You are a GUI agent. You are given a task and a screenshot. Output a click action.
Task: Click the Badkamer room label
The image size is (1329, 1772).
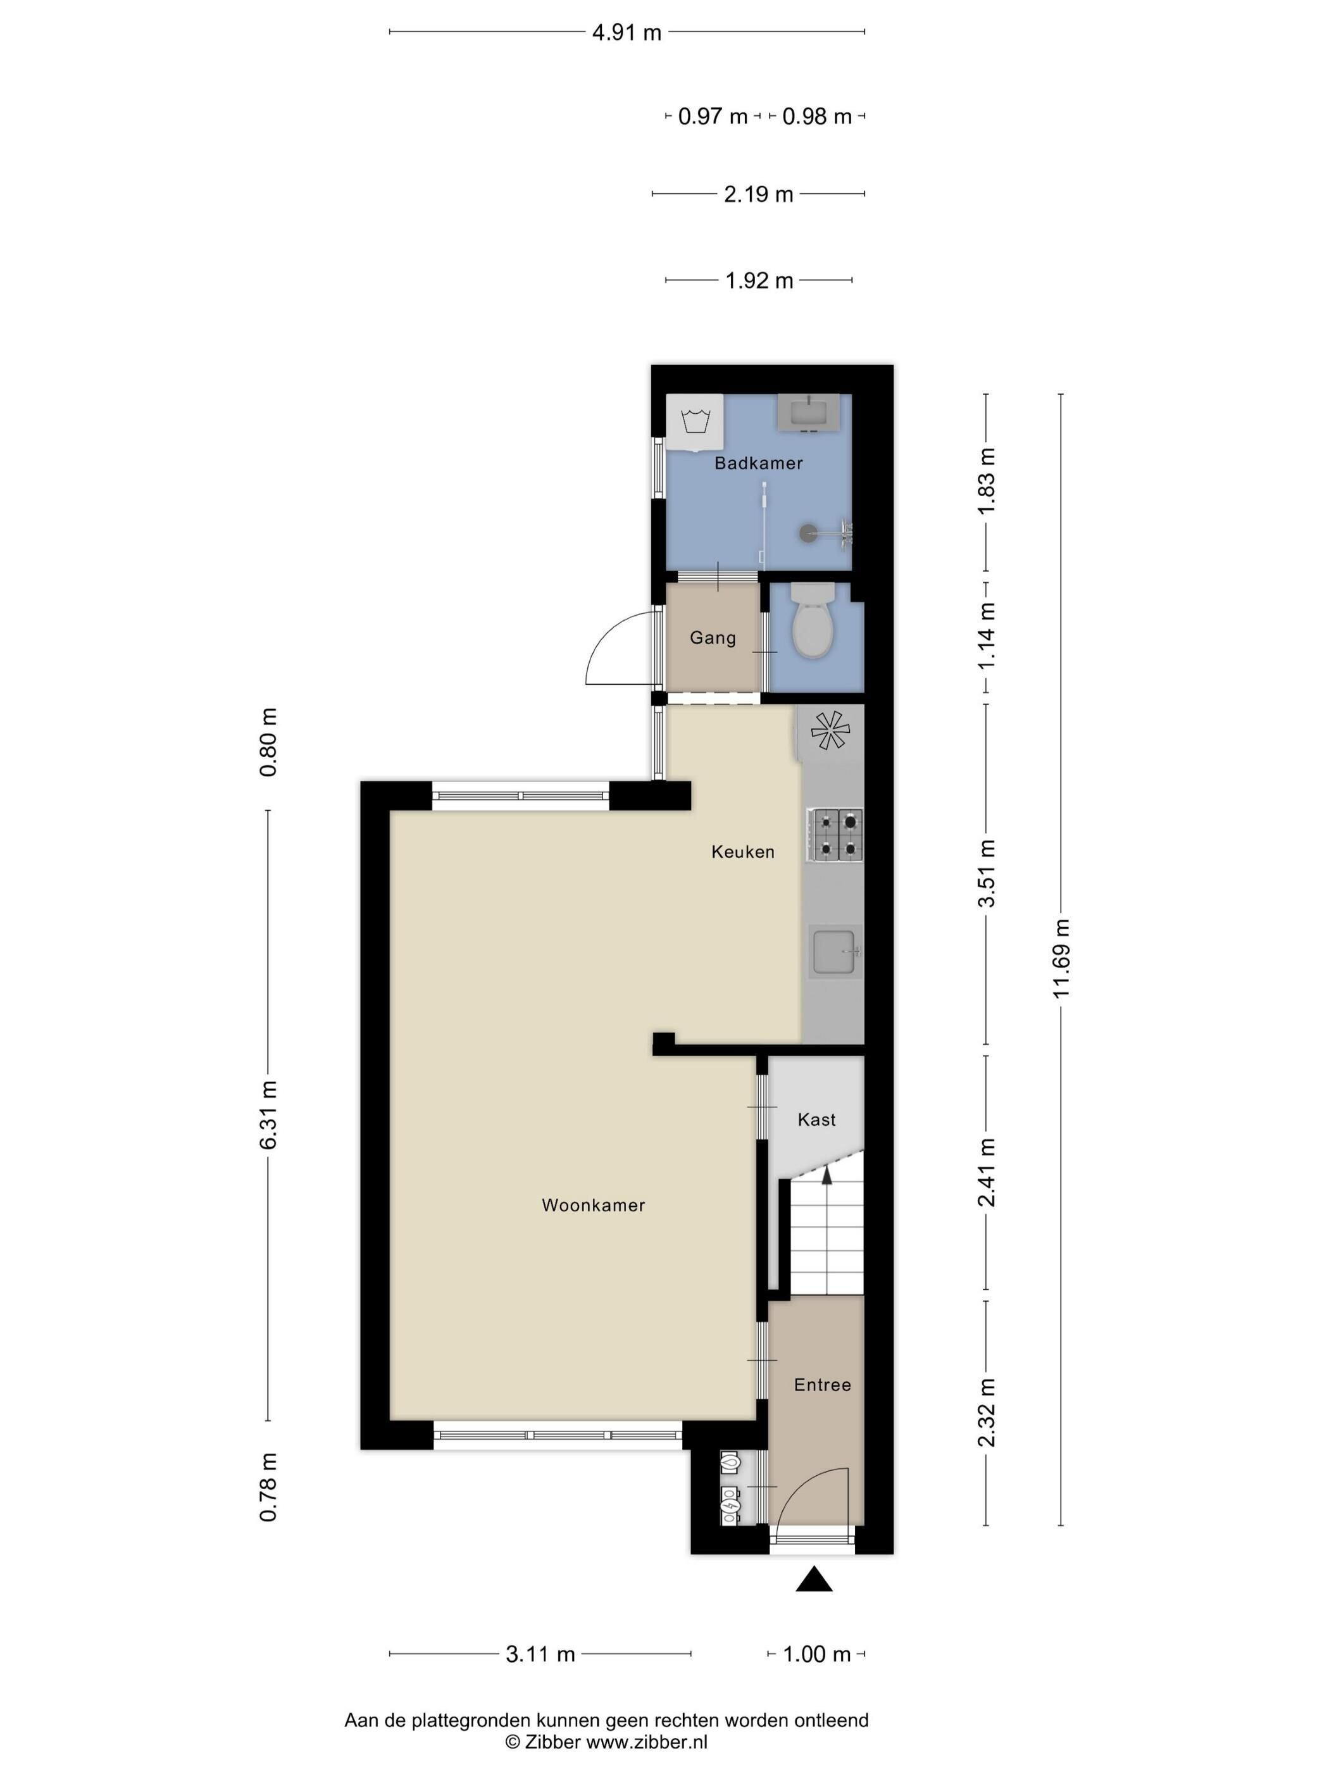[x=758, y=463]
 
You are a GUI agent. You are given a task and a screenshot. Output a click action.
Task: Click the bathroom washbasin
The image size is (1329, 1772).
[x=808, y=413]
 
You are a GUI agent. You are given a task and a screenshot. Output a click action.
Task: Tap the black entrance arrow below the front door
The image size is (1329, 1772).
[x=814, y=1578]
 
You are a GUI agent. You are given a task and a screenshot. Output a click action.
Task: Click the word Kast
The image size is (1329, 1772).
[x=816, y=1120]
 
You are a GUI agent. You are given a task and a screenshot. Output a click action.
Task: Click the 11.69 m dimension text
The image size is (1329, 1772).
[x=1061, y=958]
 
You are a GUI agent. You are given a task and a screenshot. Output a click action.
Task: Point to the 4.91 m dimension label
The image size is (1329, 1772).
[x=627, y=33]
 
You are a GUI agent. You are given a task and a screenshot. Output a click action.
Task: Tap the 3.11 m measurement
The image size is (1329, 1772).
[x=540, y=1654]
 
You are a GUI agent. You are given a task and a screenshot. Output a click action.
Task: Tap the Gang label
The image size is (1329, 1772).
[x=712, y=639]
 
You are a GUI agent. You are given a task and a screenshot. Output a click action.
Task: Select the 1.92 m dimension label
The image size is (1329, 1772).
[x=759, y=281]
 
